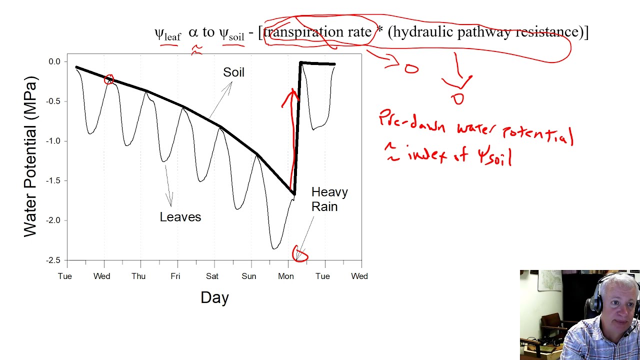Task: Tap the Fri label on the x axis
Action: click(x=175, y=276)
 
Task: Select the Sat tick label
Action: click(x=212, y=276)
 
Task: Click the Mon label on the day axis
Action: click(x=286, y=276)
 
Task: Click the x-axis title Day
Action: click(x=214, y=297)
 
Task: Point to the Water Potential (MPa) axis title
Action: click(x=30, y=156)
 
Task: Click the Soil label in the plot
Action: click(x=233, y=72)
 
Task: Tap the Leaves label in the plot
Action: click(x=180, y=217)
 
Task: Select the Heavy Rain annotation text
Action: click(x=329, y=199)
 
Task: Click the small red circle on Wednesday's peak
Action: click(x=109, y=79)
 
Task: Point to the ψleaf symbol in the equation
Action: click(x=167, y=34)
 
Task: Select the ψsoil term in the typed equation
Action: click(x=231, y=34)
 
